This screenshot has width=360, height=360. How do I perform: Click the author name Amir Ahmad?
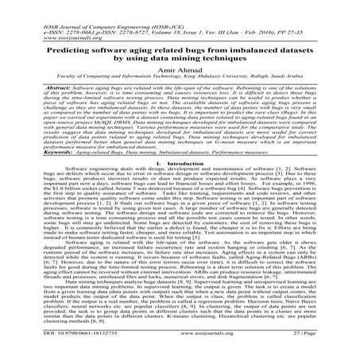pos(180,71)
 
